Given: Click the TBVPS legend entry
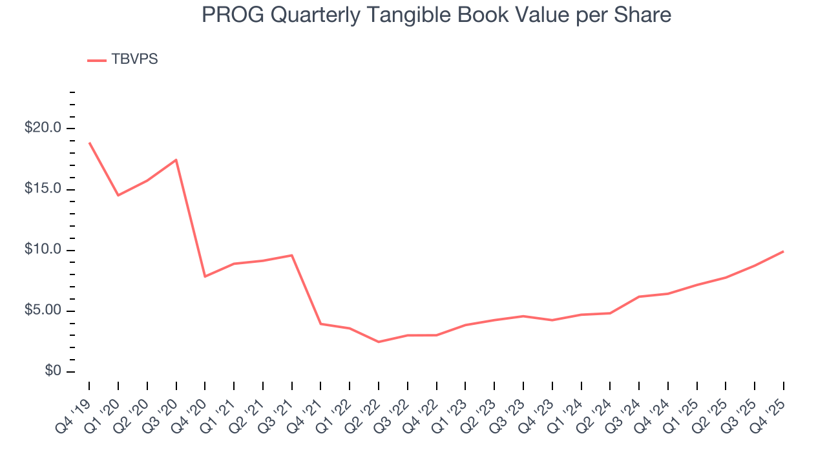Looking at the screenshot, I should coord(134,59).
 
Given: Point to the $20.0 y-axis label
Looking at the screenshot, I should coord(43,128).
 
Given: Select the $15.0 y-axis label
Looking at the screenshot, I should coord(43,189).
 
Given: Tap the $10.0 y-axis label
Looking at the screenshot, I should coord(43,250).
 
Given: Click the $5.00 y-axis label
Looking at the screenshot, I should coord(43,311).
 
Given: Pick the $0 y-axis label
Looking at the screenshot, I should coord(52,371).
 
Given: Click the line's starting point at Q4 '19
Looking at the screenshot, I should coord(89,143).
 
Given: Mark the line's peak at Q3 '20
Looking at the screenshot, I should coord(176,160).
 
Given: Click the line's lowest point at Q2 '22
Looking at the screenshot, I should coord(379,342).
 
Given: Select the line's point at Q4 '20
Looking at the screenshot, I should coord(205,276).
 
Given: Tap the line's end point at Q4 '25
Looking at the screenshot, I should coord(783,251).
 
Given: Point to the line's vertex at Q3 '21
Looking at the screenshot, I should coord(292,255).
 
